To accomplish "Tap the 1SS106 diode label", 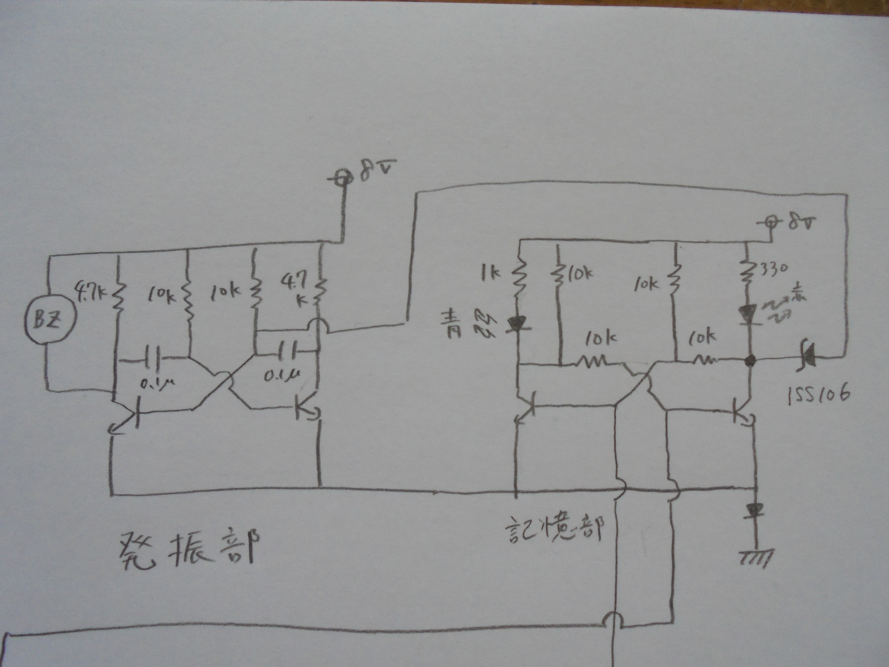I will click(818, 393).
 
